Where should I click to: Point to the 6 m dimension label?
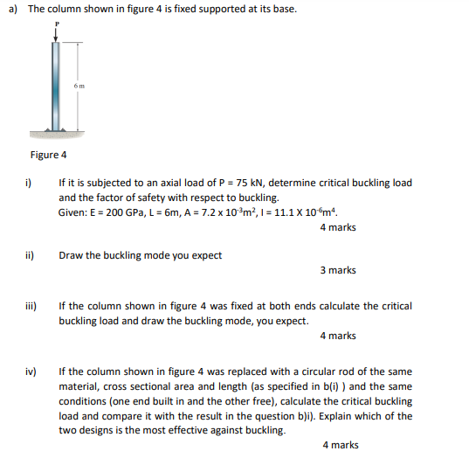(79, 86)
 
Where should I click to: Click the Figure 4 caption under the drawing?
(48, 155)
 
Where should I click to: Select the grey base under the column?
(58, 133)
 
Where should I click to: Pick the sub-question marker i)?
(28, 184)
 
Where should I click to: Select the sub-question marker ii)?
(29, 255)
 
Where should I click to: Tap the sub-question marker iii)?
(31, 306)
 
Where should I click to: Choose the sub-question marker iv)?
(31, 371)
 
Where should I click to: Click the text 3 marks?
(338, 270)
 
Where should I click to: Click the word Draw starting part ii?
(71, 255)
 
